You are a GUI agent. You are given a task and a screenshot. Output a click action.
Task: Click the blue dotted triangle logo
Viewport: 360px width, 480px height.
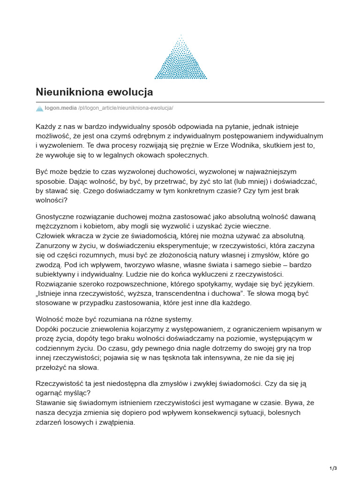click(180, 59)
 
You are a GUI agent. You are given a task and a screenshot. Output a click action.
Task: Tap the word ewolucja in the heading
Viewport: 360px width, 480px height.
click(131, 92)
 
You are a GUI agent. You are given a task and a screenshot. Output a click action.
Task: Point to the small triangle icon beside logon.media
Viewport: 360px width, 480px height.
click(39, 108)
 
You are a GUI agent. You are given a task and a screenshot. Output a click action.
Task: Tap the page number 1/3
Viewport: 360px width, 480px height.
click(334, 468)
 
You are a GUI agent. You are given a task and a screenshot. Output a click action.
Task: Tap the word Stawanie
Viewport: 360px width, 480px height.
click(51, 403)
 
